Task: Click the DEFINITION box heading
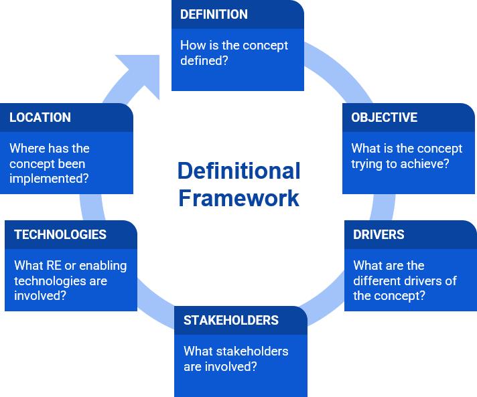coord(214,14)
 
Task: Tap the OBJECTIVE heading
coord(384,117)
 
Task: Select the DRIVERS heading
coord(379,234)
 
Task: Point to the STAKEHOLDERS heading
coord(231,320)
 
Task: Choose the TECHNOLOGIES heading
coord(60,234)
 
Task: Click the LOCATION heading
coord(40,117)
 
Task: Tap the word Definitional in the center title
coord(238,171)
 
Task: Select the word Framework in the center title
coord(238,198)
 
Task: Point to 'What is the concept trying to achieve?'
coord(407,156)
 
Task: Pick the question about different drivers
coord(405,281)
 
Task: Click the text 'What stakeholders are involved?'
coord(236,358)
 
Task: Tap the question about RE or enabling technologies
coord(70,281)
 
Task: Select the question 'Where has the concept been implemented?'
coord(49,163)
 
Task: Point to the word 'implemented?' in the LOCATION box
coord(49,179)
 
